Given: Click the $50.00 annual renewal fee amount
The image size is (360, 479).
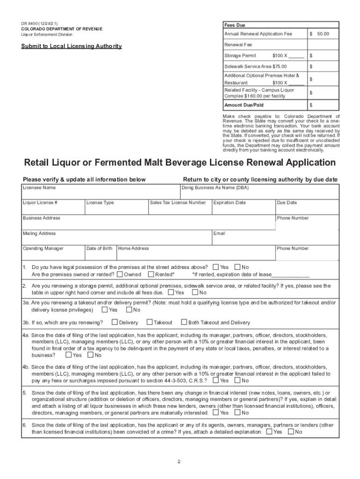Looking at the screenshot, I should (320, 34).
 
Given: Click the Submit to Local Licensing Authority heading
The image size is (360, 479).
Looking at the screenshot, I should (72, 46).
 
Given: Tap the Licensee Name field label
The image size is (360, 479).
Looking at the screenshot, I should (39, 188).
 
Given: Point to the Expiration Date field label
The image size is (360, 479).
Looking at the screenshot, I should (230, 203).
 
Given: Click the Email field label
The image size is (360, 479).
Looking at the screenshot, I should (219, 233).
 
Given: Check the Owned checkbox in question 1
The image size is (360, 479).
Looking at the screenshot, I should (120, 275).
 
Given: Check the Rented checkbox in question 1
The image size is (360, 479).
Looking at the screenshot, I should (151, 275).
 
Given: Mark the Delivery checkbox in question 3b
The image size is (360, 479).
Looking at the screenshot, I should (115, 322).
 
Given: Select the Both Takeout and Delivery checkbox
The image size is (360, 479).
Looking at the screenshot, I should (184, 322).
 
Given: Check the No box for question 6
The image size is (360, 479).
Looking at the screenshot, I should (291, 432).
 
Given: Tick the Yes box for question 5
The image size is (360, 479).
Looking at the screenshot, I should (215, 413).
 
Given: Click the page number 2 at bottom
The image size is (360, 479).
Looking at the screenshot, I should (179, 462).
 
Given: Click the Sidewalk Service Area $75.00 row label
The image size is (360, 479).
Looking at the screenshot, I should (256, 66).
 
